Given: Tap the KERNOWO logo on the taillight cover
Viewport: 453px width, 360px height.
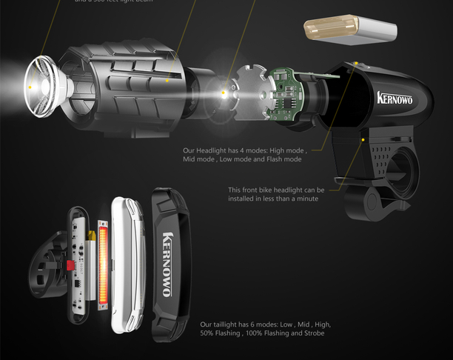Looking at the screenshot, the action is pyautogui.click(x=167, y=264).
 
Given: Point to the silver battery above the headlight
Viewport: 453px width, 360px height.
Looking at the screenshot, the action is pyautogui.click(x=349, y=32).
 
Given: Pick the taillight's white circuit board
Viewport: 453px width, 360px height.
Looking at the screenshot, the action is pyautogui.click(x=78, y=263).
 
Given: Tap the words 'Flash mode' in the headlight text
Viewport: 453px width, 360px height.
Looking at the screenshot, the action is pyautogui.click(x=281, y=159).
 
